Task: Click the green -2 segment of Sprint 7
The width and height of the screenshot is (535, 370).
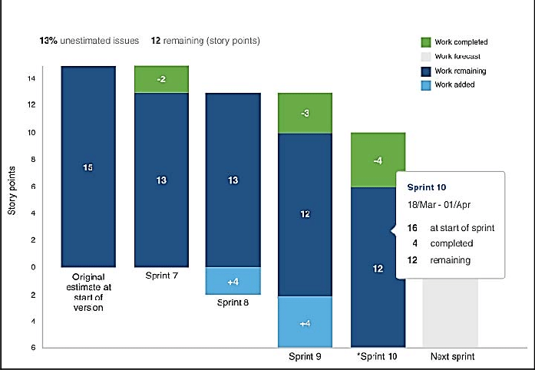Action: click(161, 79)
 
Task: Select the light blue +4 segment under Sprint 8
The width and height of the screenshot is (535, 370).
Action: click(233, 281)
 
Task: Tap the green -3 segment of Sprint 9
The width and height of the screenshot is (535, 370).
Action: click(305, 113)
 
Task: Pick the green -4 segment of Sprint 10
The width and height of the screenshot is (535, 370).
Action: click(378, 160)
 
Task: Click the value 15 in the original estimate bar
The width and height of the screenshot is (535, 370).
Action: click(88, 167)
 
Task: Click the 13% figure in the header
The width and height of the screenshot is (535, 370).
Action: click(48, 39)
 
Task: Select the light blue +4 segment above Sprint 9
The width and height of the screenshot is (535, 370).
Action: click(305, 323)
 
